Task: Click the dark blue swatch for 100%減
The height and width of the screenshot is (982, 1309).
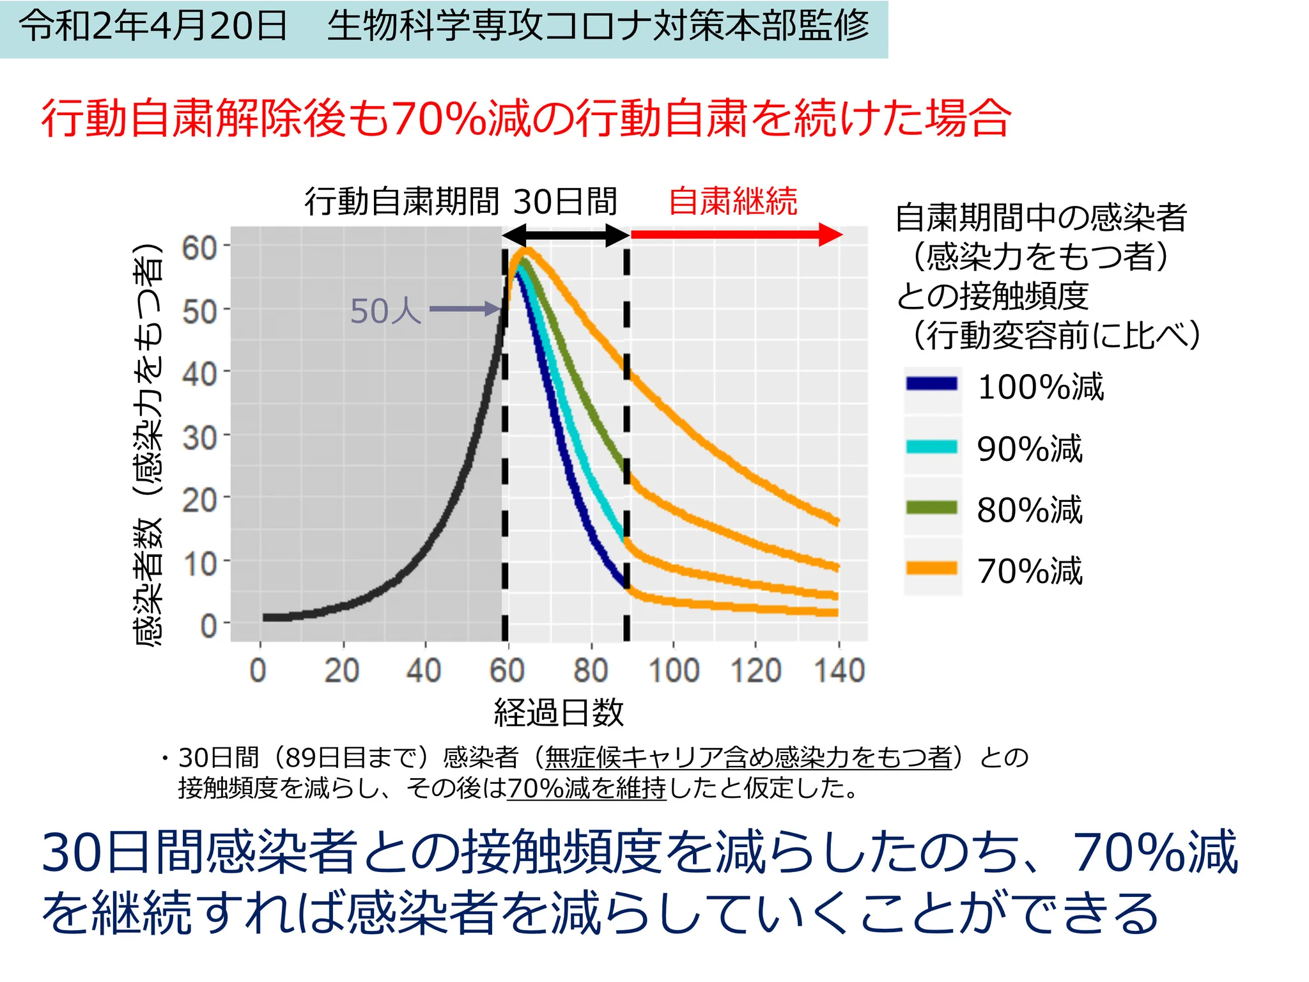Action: [931, 384]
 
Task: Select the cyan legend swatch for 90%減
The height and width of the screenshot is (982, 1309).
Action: [931, 446]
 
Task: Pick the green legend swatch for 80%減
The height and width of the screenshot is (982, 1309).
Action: [931, 508]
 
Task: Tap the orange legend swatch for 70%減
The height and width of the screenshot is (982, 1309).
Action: [931, 568]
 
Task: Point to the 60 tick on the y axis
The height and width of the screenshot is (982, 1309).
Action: [199, 247]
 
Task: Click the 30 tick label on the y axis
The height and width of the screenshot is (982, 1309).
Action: [199, 438]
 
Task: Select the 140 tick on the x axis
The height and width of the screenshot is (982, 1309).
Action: [839, 670]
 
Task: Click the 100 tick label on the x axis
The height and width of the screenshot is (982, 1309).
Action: [674, 670]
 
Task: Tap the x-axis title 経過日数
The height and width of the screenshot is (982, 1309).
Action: [558, 712]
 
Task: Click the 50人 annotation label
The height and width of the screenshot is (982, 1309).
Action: [385, 311]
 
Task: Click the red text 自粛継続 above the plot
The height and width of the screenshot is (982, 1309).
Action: [732, 201]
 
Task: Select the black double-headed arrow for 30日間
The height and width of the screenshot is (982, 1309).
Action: [566, 235]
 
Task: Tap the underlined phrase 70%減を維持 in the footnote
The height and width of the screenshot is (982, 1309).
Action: [586, 788]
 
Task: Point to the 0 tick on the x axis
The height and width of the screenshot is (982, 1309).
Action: [258, 670]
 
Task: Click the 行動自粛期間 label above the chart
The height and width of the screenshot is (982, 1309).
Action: [401, 201]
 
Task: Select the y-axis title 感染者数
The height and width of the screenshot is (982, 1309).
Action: [148, 582]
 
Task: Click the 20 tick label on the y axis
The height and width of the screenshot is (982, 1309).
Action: [199, 501]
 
